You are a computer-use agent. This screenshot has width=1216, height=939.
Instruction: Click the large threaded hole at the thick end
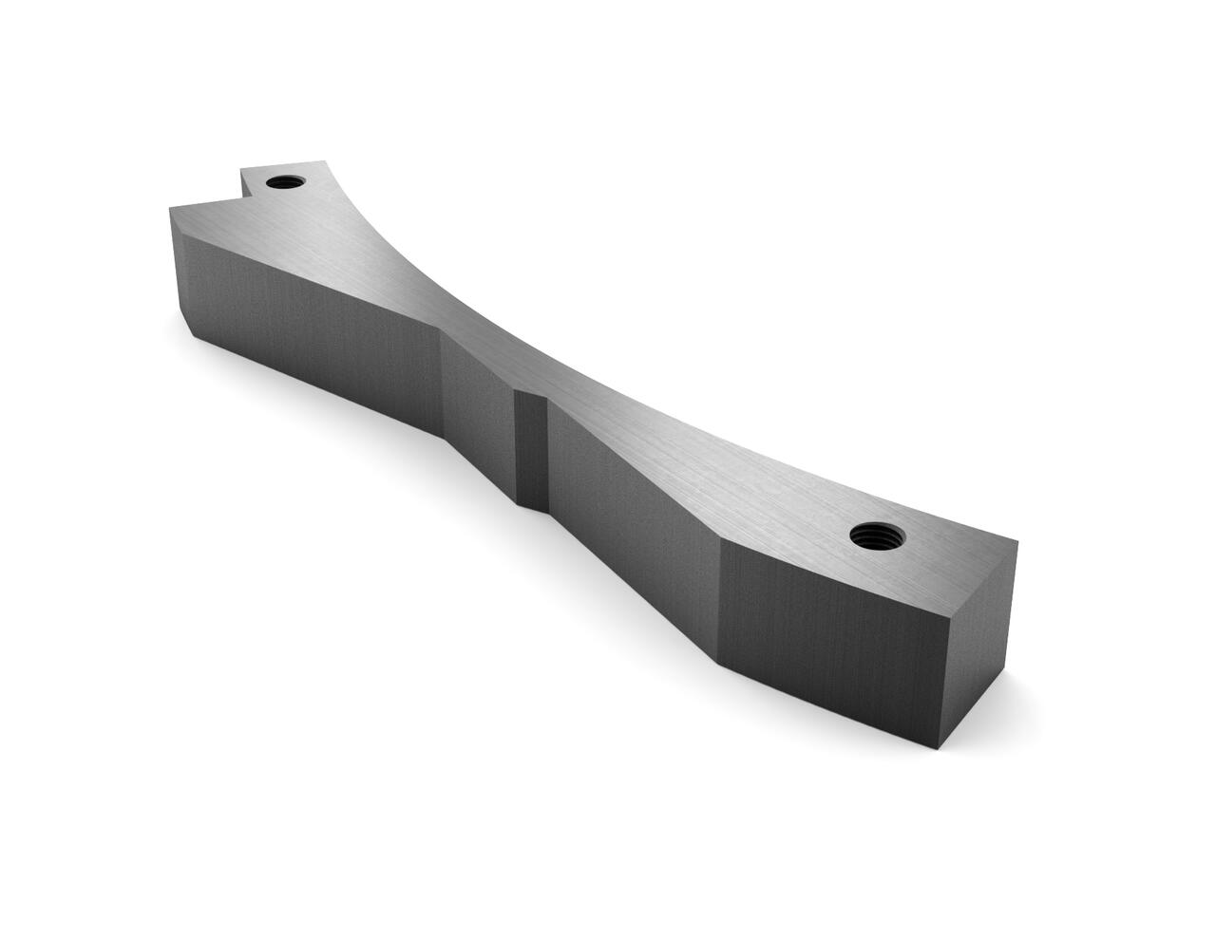(877, 535)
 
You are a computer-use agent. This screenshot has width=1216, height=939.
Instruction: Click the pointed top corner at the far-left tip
(171, 206)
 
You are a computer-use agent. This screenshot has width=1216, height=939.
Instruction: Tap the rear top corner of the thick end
(1017, 542)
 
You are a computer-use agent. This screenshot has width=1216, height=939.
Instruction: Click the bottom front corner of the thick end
(936, 749)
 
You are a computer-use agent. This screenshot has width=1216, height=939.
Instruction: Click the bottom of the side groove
(532, 503)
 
